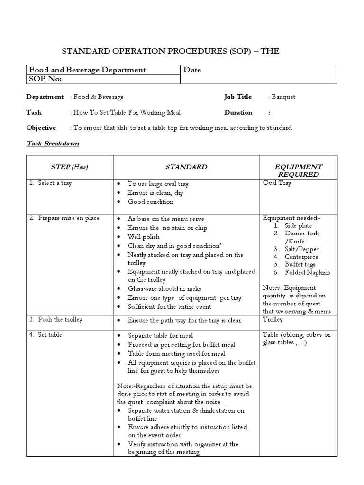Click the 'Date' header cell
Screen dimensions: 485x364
pyautogui.click(x=192, y=70)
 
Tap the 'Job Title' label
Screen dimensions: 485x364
pyautogui.click(x=238, y=97)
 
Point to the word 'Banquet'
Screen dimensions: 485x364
pyautogui.click(x=283, y=97)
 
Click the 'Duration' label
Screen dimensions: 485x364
pyautogui.click(x=238, y=113)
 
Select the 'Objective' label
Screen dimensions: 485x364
pyautogui.click(x=41, y=128)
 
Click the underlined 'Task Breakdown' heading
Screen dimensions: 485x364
pyautogui.click(x=53, y=144)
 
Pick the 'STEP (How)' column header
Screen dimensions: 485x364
pyautogui.click(x=70, y=167)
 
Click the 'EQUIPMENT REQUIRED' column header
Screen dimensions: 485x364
pyautogui.click(x=299, y=171)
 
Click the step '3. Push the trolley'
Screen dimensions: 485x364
pyautogui.click(x=55, y=320)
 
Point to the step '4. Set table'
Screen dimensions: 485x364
pyautogui.click(x=45, y=335)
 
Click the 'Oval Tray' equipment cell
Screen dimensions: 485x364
pyautogui.click(x=277, y=183)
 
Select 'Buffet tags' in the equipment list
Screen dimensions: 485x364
pyautogui.click(x=300, y=264)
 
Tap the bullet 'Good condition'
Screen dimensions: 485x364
pyautogui.click(x=151, y=202)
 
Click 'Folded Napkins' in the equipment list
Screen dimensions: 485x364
pyautogui.click(x=307, y=272)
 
